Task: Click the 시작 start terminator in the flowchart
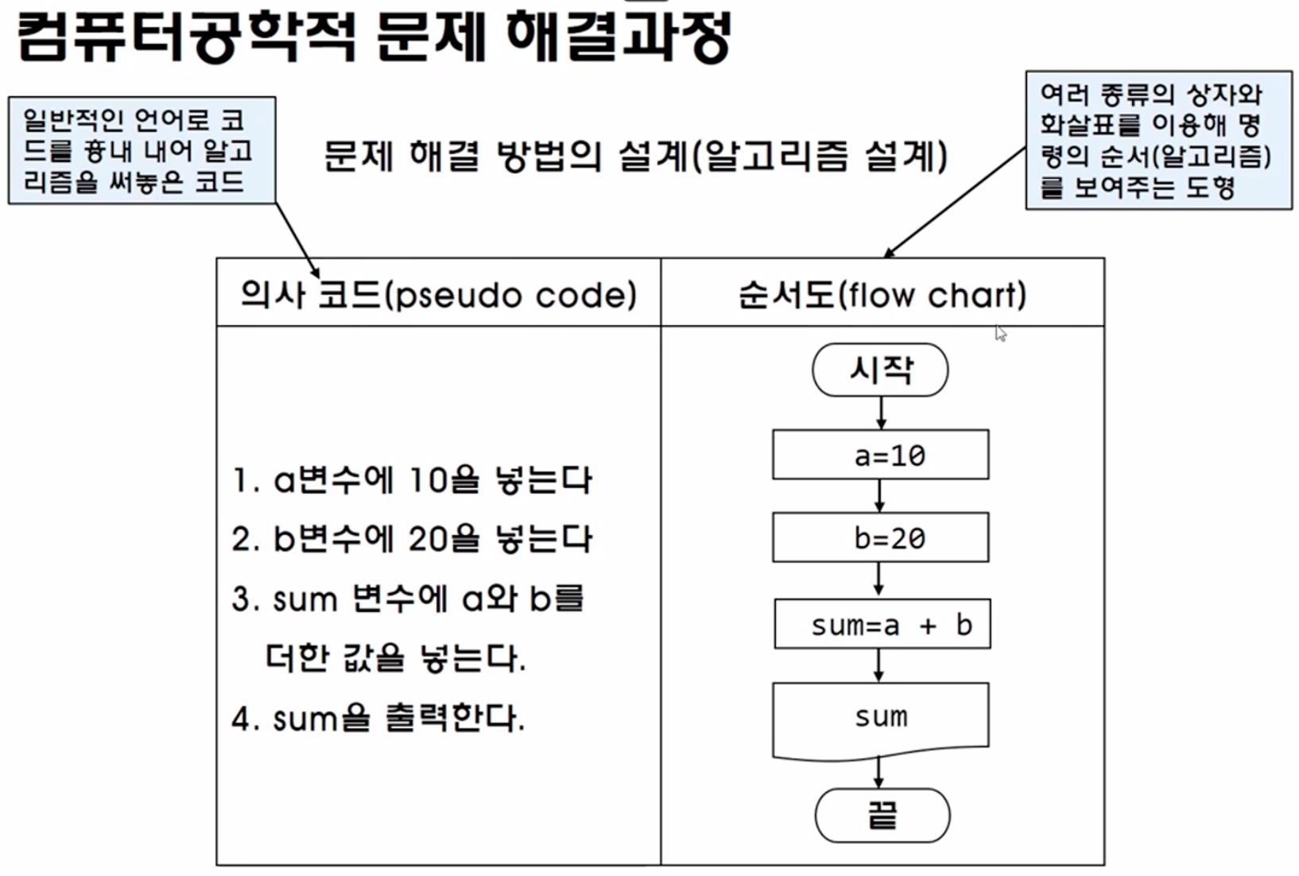click(880, 370)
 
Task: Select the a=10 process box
click(881, 455)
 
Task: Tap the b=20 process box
click(881, 538)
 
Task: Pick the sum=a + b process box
click(882, 625)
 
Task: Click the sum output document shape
click(881, 717)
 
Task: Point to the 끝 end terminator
click(882, 815)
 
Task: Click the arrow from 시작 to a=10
click(881, 413)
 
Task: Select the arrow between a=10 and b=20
click(879, 495)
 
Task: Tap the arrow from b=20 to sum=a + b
click(878, 579)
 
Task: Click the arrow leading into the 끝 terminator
click(878, 771)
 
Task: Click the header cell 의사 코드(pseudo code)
click(438, 294)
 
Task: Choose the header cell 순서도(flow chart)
click(882, 294)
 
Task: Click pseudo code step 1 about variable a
click(412, 479)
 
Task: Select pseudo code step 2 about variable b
click(412, 539)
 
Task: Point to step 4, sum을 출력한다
click(378, 719)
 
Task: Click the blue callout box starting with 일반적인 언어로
click(142, 151)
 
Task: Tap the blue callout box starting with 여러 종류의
click(1158, 141)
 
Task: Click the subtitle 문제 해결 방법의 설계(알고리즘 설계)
click(635, 155)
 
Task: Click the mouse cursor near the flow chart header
click(1001, 334)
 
